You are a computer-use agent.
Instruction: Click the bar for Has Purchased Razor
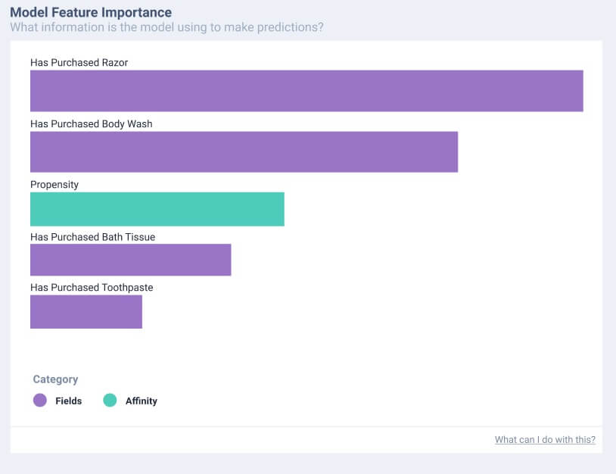tap(306, 91)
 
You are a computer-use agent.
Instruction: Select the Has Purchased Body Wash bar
tap(244, 151)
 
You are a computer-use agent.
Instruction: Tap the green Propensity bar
tap(157, 209)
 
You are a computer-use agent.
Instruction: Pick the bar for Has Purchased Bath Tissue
tap(130, 260)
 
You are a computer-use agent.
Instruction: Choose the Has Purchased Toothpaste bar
tap(86, 312)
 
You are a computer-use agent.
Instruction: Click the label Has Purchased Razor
tap(79, 63)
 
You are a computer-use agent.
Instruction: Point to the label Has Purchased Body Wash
tap(91, 123)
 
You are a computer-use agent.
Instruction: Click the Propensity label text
tap(54, 184)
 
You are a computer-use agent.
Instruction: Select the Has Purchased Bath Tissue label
tap(92, 237)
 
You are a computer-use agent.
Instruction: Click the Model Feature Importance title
tap(91, 13)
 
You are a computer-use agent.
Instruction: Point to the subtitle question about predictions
tap(167, 27)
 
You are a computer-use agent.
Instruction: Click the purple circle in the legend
tap(40, 401)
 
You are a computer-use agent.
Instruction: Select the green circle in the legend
tap(110, 401)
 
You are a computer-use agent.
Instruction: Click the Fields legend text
tap(68, 401)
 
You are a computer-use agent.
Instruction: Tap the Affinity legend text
tap(142, 401)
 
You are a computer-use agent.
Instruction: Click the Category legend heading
tap(55, 379)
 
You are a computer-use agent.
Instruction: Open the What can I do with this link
tap(545, 439)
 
